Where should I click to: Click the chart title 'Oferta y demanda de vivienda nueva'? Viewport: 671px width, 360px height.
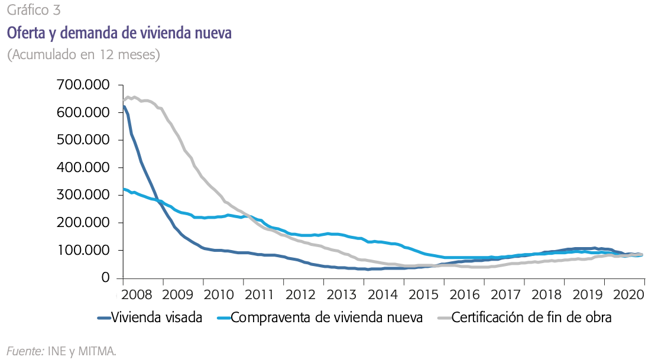[x=119, y=33]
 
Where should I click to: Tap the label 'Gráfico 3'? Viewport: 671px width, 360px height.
[x=33, y=10]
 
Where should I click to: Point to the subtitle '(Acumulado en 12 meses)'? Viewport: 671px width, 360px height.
[x=83, y=55]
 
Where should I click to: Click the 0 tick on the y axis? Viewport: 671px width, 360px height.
[x=105, y=278]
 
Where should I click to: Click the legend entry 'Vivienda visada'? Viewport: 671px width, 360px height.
[x=157, y=318]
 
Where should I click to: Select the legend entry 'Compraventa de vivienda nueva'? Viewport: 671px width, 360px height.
[x=326, y=318]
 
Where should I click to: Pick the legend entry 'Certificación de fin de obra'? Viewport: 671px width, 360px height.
[x=531, y=318]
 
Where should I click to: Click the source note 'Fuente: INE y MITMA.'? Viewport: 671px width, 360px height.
[x=61, y=351]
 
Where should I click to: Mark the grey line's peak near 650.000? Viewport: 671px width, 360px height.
[x=128, y=96]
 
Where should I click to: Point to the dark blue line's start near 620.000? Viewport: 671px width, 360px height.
[x=124, y=106]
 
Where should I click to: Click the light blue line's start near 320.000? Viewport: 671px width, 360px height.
[x=124, y=189]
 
